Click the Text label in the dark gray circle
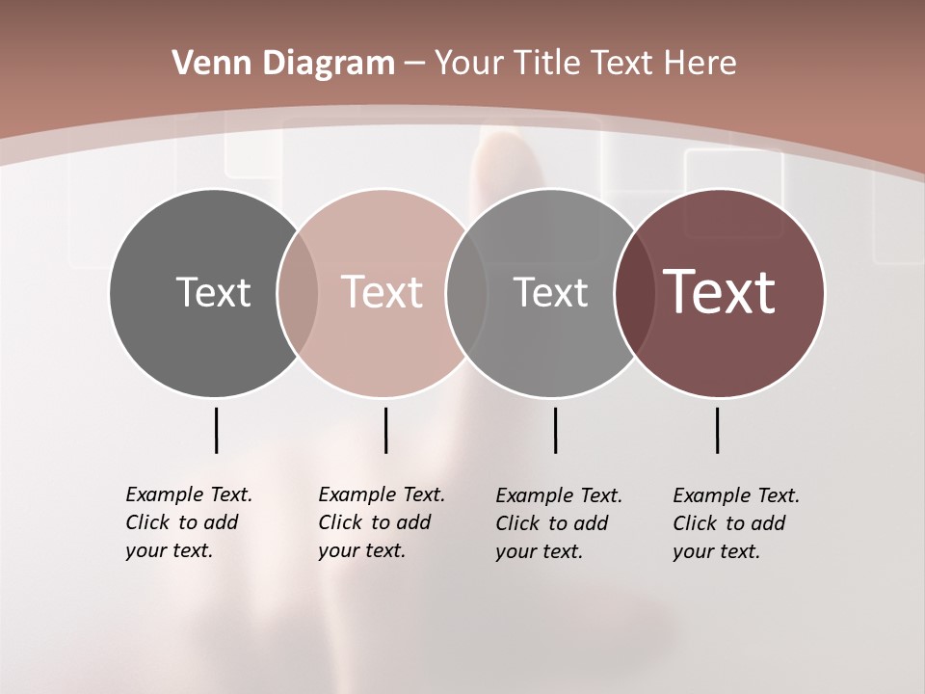click(x=213, y=292)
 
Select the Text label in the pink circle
click(x=382, y=292)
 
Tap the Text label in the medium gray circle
click(x=550, y=292)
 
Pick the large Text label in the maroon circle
click(x=720, y=291)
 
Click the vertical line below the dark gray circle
click(x=216, y=430)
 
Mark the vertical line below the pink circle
click(x=385, y=430)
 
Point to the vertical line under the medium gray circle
click(x=555, y=430)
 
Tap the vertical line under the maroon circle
click(x=717, y=430)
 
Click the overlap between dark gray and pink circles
click(x=298, y=293)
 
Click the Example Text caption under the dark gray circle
click(x=189, y=522)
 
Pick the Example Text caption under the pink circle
click(x=382, y=522)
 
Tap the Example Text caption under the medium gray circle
click(x=559, y=523)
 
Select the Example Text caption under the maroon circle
click(x=736, y=523)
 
